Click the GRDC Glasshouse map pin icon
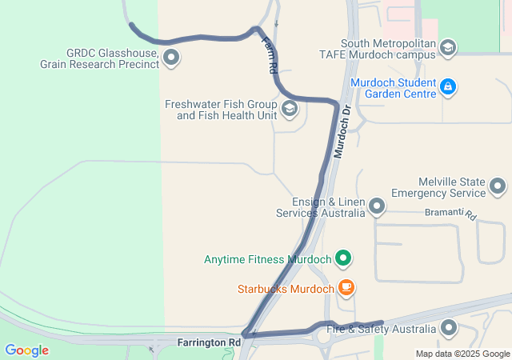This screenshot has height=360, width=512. tap(170, 58)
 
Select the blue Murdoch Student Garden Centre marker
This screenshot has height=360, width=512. tap(448, 86)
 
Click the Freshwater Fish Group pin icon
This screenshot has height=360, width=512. tap(289, 109)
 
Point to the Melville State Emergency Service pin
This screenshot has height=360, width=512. tap(498, 187)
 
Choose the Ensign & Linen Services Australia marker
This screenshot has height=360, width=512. tap(377, 207)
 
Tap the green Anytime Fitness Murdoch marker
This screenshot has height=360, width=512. tap(343, 258)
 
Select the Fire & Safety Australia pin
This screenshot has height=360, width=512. tap(449, 328)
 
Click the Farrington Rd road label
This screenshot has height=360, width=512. tap(209, 342)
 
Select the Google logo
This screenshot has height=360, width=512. tap(26, 350)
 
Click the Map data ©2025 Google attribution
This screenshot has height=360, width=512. tap(462, 354)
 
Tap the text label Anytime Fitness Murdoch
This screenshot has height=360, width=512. tap(267, 259)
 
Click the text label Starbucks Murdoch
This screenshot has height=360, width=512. tap(285, 289)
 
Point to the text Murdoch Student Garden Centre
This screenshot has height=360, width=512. tap(393, 88)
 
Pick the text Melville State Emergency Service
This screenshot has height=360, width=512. tap(440, 187)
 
